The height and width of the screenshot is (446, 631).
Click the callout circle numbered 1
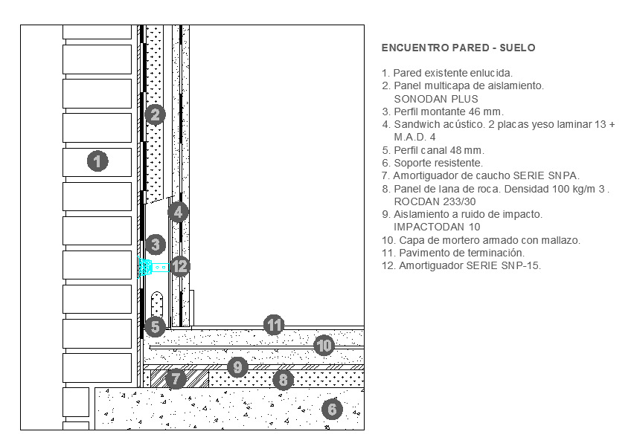tap(97, 161)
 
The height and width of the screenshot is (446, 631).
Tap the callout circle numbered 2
tap(155, 114)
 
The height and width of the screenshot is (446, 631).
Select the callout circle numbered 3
tap(155, 244)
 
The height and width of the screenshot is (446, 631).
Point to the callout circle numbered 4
tap(178, 212)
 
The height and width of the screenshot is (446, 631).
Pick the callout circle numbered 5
tap(155, 326)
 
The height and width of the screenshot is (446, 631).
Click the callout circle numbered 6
tap(333, 408)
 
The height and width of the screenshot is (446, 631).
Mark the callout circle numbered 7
tap(176, 378)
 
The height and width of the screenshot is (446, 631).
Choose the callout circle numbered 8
tap(283, 380)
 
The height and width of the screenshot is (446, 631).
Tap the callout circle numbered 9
tap(237, 366)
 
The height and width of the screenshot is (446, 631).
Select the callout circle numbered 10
tap(323, 345)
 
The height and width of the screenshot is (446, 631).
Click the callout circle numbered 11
tap(275, 325)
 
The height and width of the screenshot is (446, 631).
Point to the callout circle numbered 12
tap(180, 265)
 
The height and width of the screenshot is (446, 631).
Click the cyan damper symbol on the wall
tap(147, 266)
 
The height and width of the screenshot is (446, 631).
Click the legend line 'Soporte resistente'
tap(432, 163)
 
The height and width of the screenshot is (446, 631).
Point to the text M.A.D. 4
tap(414, 138)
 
